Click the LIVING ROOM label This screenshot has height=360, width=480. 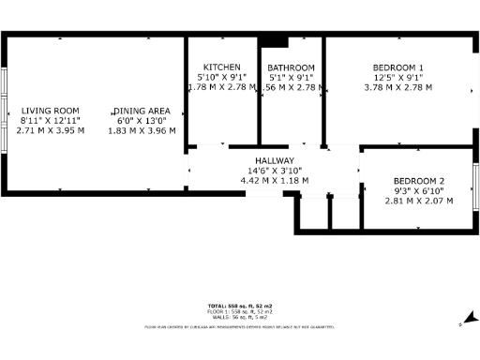pos(51,110)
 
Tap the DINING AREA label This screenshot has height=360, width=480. pos(142,110)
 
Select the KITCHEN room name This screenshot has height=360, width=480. pos(222,67)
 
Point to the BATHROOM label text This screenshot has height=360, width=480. pos(291,68)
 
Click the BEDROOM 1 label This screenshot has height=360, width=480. pos(397,67)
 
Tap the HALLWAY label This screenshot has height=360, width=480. pos(274,161)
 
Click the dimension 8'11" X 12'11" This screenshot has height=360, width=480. pos(51,120)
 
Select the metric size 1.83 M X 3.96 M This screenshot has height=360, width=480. pos(142,130)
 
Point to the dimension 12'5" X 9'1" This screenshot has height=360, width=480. pos(397,78)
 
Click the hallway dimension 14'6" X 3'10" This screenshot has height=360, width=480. pos(274,171)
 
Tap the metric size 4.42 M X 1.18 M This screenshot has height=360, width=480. pos(274,181)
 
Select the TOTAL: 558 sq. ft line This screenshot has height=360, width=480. pos(240,307)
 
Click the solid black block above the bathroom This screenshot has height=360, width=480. pos(275,40)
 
